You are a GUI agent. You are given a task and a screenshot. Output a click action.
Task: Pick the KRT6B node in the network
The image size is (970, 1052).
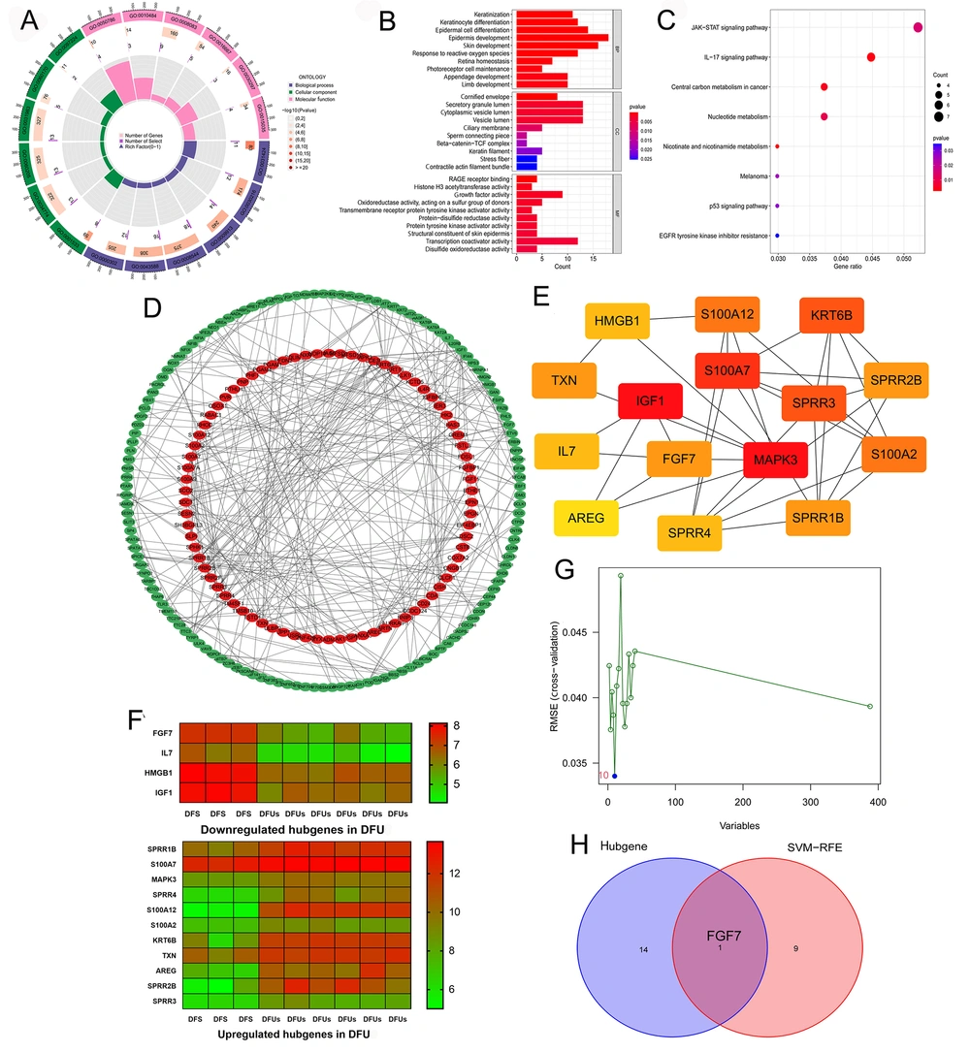[831, 316]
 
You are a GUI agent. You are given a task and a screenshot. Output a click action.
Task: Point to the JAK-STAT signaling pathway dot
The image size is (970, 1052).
[918, 27]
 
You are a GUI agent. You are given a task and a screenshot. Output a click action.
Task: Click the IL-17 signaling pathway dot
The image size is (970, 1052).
[870, 57]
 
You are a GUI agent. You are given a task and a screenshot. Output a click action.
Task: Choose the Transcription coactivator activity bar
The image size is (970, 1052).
[547, 240]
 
